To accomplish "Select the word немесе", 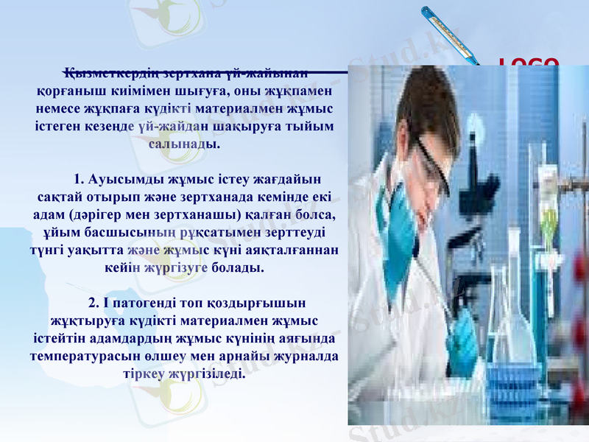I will coord(60,109).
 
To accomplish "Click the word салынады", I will coord(184,144).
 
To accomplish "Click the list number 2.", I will coord(92,304).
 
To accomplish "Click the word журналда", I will coord(306,357).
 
